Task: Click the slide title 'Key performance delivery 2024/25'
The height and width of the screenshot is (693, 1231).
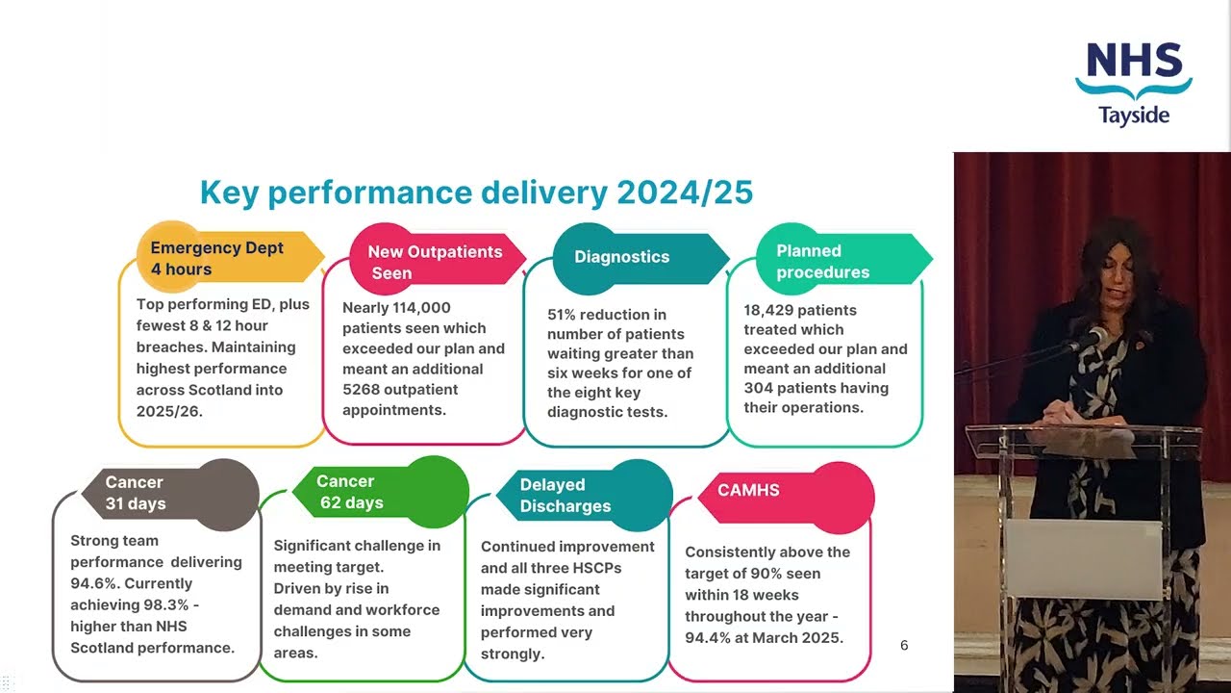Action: click(476, 192)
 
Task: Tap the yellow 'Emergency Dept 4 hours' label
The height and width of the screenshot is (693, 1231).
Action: click(216, 258)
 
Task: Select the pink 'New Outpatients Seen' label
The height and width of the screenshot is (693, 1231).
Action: click(435, 262)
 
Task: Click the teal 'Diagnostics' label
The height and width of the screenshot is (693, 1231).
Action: click(622, 257)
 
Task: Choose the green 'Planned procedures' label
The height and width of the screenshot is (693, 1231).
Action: click(823, 261)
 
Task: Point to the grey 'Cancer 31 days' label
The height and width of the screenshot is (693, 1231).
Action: click(136, 493)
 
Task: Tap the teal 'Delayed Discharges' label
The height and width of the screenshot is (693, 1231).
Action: click(565, 496)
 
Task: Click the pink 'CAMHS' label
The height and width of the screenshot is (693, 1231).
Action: click(748, 490)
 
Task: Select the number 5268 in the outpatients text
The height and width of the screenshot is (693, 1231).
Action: click(363, 390)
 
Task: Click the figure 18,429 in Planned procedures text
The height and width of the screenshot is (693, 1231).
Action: click(771, 310)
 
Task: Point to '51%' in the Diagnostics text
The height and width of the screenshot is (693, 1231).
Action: click(565, 315)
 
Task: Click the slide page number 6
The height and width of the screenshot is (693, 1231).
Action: click(904, 645)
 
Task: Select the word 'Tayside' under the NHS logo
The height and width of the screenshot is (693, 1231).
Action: click(1134, 115)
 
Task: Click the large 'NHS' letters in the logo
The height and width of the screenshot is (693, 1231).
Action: click(1134, 62)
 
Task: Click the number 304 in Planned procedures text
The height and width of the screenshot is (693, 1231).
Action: click(762, 388)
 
